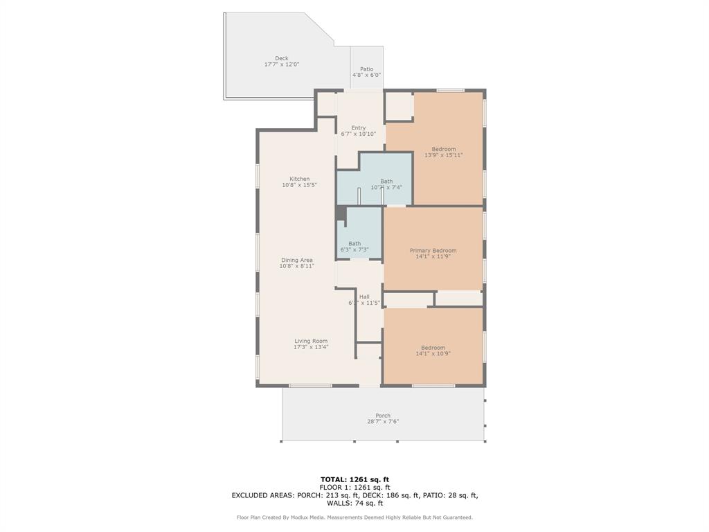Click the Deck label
coord(281,58)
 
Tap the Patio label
coord(366,69)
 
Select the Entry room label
coord(358,128)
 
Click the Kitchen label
coord(299,179)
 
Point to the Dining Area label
coord(296,260)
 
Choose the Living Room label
coord(311,341)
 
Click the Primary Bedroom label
coord(433,251)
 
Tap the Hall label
coord(364,296)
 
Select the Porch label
coord(383,416)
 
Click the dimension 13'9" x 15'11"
coord(443,155)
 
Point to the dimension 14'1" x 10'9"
coord(433,353)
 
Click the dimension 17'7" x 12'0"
coord(281,64)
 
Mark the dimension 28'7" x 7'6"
coord(383,422)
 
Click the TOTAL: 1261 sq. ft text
coord(354,479)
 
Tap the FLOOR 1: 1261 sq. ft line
coord(354,487)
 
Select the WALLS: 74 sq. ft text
coord(354,503)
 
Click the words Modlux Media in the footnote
coord(318,517)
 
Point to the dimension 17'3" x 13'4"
coord(311,347)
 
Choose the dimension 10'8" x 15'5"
coord(299,185)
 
